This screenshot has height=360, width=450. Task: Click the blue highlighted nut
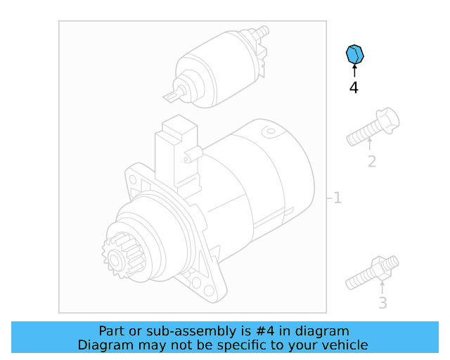pyautogui.click(x=355, y=53)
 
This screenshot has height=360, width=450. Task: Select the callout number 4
pyautogui.click(x=354, y=88)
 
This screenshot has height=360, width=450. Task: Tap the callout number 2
pyautogui.click(x=372, y=162)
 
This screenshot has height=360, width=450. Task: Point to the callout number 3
pyautogui.click(x=382, y=303)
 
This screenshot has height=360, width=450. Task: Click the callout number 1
pyautogui.click(x=337, y=198)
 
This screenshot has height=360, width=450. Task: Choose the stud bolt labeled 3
pyautogui.click(x=373, y=275)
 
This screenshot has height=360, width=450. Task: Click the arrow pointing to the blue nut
pyautogui.click(x=354, y=70)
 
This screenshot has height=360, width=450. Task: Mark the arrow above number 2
pyautogui.click(x=371, y=145)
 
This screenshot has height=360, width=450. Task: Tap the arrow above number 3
pyautogui.click(x=382, y=288)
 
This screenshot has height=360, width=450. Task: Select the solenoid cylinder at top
pyautogui.click(x=218, y=67)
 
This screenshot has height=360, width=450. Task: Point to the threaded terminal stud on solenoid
pyautogui.click(x=262, y=32)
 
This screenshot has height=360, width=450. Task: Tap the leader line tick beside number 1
pyautogui.click(x=328, y=198)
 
